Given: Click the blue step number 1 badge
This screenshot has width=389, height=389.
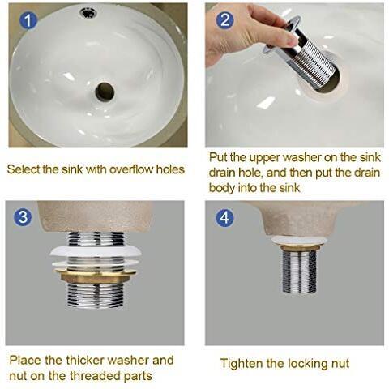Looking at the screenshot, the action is click(x=28, y=20).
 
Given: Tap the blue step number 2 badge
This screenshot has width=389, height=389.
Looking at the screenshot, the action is click(x=225, y=19).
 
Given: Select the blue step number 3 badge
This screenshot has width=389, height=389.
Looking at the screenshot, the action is click(x=23, y=217).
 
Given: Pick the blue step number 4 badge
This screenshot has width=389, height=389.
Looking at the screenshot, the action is click(x=224, y=217).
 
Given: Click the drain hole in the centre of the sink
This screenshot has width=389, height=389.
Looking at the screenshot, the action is click(x=105, y=92).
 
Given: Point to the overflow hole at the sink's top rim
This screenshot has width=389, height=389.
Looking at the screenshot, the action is click(x=88, y=13).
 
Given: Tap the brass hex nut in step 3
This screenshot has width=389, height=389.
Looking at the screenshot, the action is click(x=96, y=276).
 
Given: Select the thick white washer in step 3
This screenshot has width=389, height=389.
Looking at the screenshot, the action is click(x=96, y=252).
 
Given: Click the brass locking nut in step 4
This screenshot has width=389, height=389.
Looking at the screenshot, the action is click(x=300, y=247).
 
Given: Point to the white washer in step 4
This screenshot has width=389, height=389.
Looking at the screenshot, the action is click(x=300, y=240).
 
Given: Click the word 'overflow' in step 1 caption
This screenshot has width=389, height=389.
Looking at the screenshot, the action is click(x=132, y=169).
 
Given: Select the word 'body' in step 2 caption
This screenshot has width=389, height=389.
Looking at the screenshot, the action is click(x=222, y=188).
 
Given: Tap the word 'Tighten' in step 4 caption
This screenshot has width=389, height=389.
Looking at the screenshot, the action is click(x=242, y=364).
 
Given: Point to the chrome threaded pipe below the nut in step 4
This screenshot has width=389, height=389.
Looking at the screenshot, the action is click(x=300, y=272).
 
